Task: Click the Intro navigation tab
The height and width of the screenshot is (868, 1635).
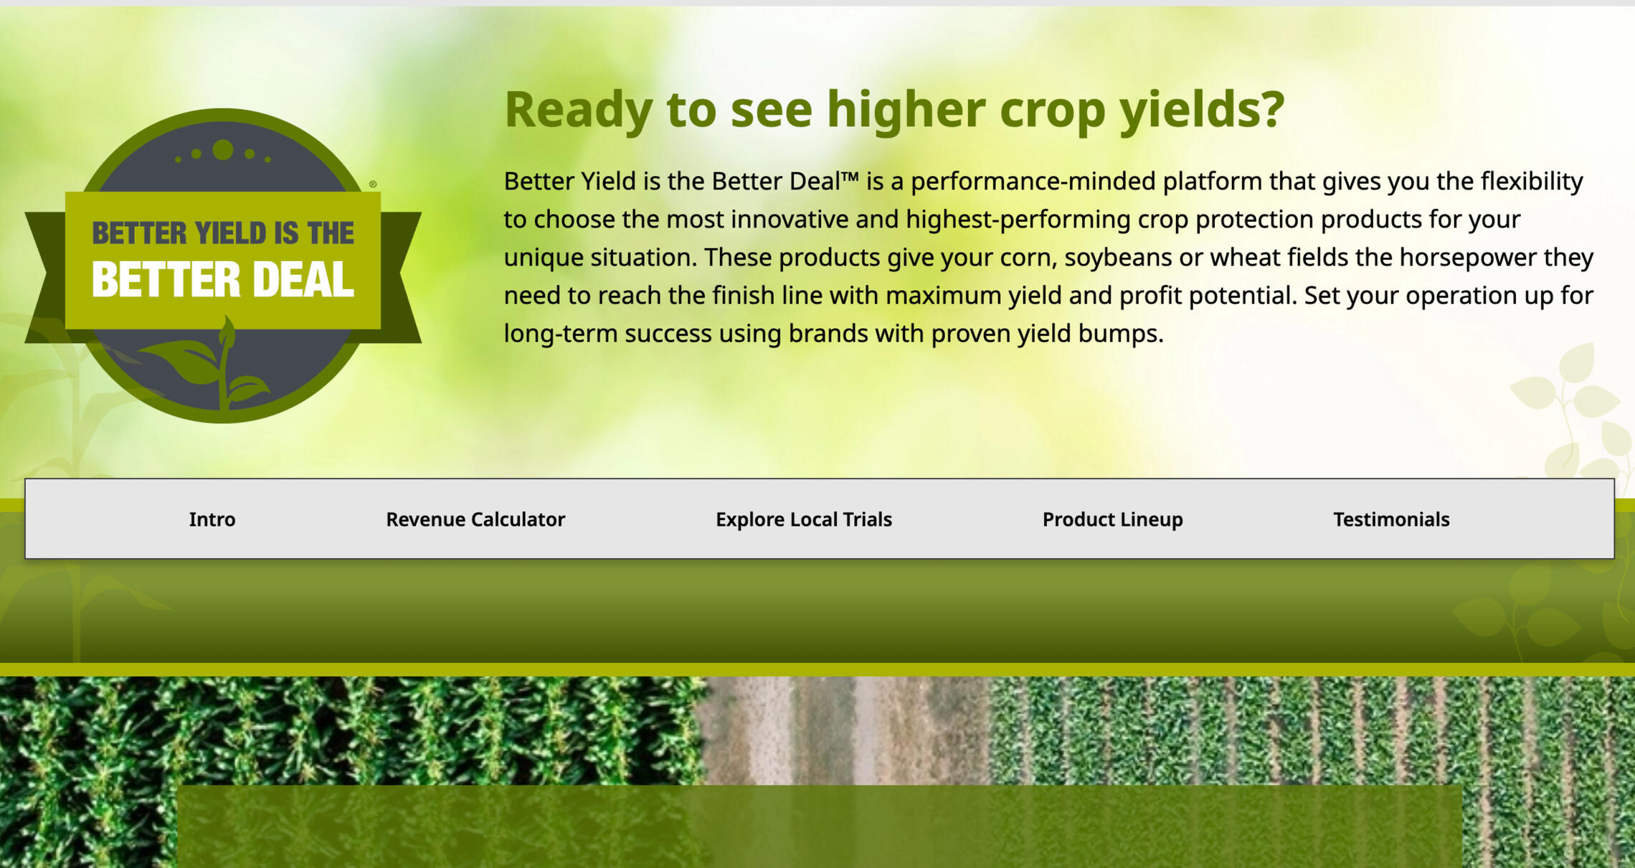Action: [212, 519]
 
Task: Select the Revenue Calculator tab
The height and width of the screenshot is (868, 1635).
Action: [475, 519]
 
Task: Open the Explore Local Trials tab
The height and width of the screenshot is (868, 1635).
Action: [804, 519]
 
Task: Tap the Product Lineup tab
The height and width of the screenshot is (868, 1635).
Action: [1113, 519]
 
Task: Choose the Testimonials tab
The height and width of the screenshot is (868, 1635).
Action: [1391, 519]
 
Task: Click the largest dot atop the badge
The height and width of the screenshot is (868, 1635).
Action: [223, 150]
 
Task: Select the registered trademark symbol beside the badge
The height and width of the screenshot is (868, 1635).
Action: [373, 184]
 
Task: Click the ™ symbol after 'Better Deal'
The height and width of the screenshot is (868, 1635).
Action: [850, 177]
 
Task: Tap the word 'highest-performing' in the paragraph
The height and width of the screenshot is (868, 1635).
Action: [1018, 220]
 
